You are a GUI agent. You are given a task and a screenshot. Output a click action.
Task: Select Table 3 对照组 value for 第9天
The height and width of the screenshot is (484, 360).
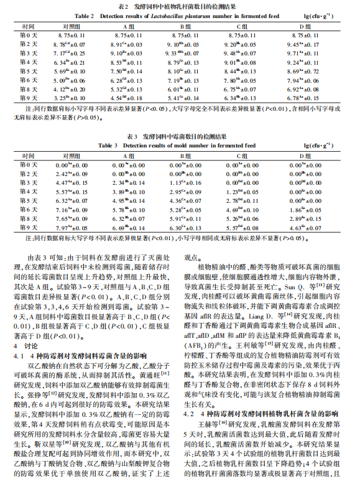point(70,229)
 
